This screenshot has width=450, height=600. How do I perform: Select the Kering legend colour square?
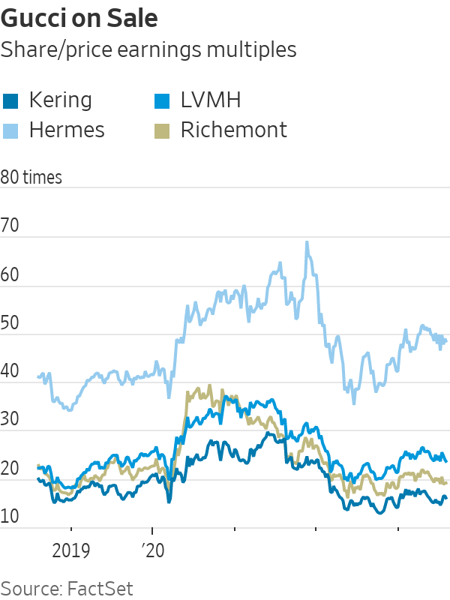10,100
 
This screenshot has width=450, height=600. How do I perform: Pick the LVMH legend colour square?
161,100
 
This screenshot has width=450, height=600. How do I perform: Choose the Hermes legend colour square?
10,130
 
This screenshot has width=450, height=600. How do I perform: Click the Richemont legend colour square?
161,130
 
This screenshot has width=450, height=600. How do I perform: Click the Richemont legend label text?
233,130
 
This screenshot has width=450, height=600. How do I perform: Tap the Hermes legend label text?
67,130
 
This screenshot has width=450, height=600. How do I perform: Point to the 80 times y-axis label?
31,178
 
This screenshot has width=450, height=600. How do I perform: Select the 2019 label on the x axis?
71,552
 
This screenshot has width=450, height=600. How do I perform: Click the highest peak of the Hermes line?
306,242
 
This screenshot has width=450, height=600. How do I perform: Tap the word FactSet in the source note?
100,587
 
